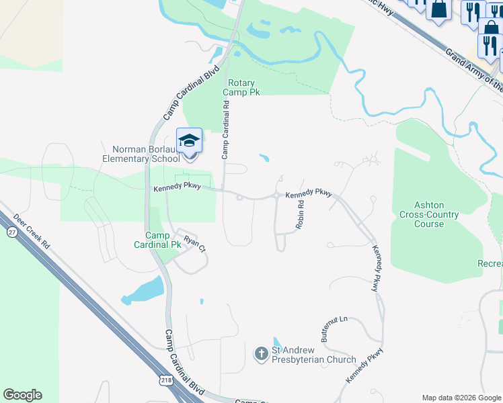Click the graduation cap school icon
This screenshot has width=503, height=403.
coord(189,141)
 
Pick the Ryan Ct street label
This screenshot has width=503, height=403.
coord(194,242)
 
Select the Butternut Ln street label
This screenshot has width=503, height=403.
coord(334,329)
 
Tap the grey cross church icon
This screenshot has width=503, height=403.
coord(261,353)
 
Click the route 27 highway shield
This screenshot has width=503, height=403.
coord(12,231)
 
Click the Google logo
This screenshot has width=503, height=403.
coord(22,395)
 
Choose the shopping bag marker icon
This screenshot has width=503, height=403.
coord(439,9)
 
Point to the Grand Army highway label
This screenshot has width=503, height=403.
coord(474,69)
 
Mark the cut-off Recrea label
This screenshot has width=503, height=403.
coord(490,263)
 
